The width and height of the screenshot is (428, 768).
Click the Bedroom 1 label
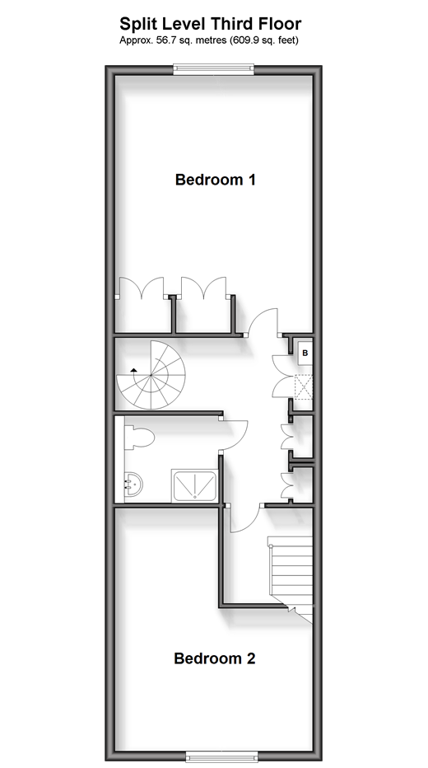(215, 180)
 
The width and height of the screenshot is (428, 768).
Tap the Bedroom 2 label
(214, 658)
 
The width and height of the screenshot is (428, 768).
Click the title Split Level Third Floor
(211, 24)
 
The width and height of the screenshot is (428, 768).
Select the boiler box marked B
(305, 353)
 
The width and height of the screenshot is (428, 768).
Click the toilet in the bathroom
(139, 438)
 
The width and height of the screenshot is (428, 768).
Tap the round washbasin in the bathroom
(133, 484)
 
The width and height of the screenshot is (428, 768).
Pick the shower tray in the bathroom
(194, 485)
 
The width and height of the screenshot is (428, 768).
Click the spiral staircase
(151, 375)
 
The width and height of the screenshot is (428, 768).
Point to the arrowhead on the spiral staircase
(133, 370)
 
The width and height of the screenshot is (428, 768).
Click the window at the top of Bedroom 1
(214, 69)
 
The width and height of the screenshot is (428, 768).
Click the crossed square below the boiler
(304, 386)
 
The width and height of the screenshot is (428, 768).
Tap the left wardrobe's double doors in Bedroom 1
(142, 287)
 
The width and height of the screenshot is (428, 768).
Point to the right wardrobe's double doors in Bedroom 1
(203, 287)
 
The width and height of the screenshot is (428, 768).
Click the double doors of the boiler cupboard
(281, 376)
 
